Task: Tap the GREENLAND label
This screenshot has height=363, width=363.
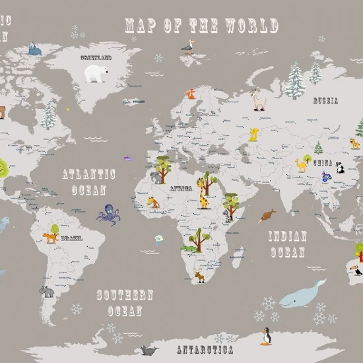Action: pyautogui.click(x=96, y=58)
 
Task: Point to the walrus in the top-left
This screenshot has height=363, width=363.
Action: pyautogui.click(x=34, y=49)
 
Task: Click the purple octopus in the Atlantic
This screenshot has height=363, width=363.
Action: pyautogui.click(x=108, y=214)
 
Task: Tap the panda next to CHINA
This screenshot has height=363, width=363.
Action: pyautogui.click(x=340, y=168)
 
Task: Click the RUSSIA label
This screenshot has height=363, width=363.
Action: pyautogui.click(x=325, y=101)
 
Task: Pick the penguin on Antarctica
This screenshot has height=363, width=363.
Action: pyautogui.click(x=267, y=336)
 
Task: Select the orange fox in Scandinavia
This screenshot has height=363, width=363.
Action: pyautogui.click(x=191, y=94)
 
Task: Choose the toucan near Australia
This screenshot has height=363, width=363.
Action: pyautogui.click(x=357, y=269)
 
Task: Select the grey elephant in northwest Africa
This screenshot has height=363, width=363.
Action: pyautogui.click(x=156, y=178)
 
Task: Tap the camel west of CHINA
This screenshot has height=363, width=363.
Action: pyautogui.click(x=303, y=164)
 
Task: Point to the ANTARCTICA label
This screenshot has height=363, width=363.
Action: pyautogui.click(x=205, y=348)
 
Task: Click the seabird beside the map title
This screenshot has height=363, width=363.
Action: pyautogui.click(x=189, y=45)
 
